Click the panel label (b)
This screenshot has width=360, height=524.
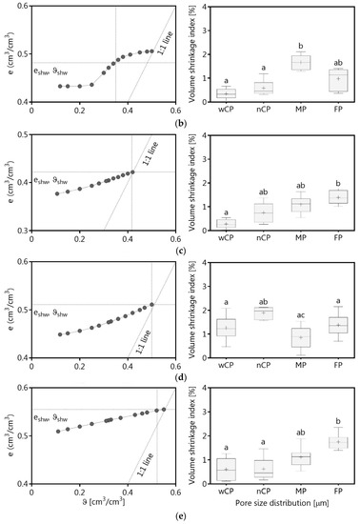click(180, 124)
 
